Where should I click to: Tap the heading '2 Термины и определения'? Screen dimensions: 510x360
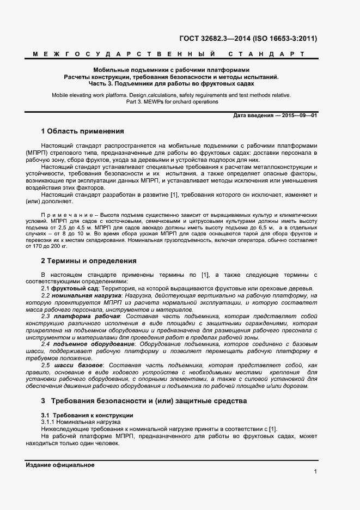[89, 261]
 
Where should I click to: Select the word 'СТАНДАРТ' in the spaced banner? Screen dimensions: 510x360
[265, 54]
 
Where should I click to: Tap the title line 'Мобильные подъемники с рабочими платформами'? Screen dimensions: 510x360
[171, 70]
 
